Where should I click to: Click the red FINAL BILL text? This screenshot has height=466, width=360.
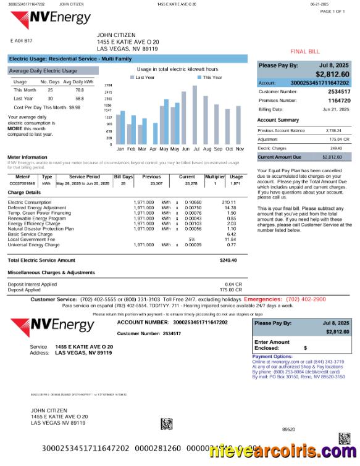pyautogui.click(x=305, y=52)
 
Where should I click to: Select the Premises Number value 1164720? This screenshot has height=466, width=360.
pyautogui.click(x=339, y=100)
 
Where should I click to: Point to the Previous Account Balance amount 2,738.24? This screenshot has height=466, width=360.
pyautogui.click(x=333, y=131)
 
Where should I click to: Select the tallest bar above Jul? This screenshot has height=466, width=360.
pyautogui.click(x=195, y=114)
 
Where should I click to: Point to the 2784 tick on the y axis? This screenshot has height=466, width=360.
pyautogui.click(x=108, y=85)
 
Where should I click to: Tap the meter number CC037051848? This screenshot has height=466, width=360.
pyautogui.click(x=22, y=183)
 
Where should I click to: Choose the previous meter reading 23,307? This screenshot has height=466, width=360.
pyautogui.click(x=156, y=183)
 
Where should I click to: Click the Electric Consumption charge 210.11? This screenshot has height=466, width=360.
pyautogui.click(x=229, y=202)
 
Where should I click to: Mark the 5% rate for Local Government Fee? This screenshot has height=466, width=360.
pyautogui.click(x=192, y=239)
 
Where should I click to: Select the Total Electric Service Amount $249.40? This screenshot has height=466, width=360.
pyautogui.click(x=228, y=260)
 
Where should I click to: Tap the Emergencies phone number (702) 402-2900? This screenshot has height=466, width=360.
pyautogui.click(x=302, y=299)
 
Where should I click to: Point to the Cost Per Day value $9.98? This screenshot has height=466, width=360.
pyautogui.click(x=75, y=107)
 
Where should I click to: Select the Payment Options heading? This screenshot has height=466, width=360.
pyautogui.click(x=272, y=356)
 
